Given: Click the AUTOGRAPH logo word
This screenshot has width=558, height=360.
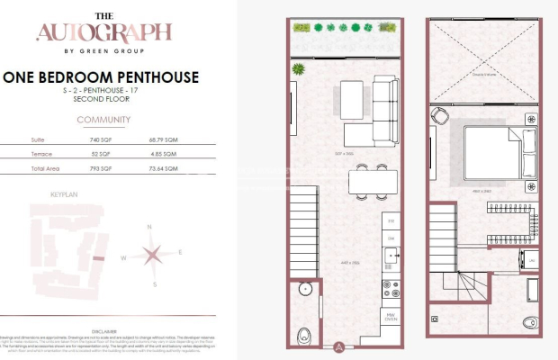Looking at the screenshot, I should click(x=103, y=33).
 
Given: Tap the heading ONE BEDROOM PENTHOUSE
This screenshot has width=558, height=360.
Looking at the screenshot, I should click(x=101, y=77).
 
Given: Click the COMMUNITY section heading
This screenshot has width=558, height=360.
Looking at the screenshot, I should click(x=103, y=120).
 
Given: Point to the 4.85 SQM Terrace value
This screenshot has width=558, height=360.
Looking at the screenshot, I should click(x=159, y=154).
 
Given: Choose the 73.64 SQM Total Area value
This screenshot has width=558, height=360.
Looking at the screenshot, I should click(x=159, y=168).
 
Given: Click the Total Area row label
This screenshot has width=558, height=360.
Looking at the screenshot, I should click(x=46, y=168).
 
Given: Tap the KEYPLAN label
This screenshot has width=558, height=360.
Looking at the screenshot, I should click(x=65, y=193).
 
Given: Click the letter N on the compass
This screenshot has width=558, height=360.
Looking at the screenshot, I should click(x=149, y=228).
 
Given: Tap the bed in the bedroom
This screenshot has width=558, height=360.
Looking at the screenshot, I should click(x=493, y=151).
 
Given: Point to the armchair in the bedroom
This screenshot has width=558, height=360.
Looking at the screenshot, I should click(x=439, y=118).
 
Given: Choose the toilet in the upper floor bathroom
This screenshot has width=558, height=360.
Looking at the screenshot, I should click(x=436, y=319).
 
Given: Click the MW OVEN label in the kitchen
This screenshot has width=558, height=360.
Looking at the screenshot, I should click(x=391, y=316).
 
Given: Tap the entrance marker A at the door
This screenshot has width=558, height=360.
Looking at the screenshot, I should click(x=337, y=345).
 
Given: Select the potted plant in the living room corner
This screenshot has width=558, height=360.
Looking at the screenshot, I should click(x=298, y=69).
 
